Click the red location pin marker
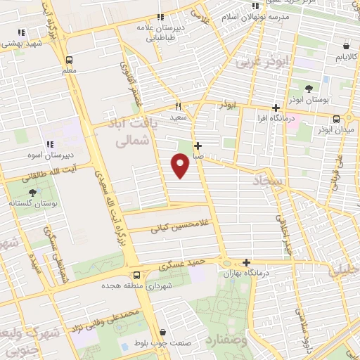tap(181, 165)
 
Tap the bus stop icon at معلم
tap(68, 60)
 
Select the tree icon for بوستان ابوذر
tap(309, 87)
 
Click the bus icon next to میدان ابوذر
tap(337, 118)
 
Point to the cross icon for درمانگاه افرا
tap(276, 108)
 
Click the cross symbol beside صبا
tap(198, 146)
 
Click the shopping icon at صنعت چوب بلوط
tap(162, 332)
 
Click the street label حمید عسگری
tap(182, 265)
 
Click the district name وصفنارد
tap(229, 341)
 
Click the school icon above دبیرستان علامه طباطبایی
tap(160, 17)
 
